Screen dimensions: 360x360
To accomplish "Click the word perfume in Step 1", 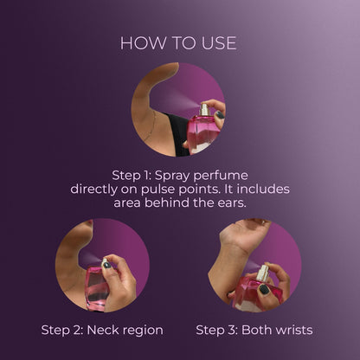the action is click(x=221, y=176).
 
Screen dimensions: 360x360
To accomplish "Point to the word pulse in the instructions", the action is click(x=158, y=190).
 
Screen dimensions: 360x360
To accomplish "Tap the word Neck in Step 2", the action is click(x=100, y=330).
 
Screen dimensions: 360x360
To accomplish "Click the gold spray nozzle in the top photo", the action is click(x=204, y=109).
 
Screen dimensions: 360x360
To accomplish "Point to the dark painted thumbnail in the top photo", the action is click(x=220, y=115).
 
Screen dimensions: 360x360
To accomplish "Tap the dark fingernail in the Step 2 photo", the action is click(x=106, y=265).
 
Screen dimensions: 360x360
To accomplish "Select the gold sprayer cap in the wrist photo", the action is click(x=262, y=273).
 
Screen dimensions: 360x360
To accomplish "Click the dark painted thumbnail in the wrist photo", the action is click(x=264, y=289).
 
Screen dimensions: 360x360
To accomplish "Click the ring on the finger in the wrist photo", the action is click(x=263, y=222).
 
